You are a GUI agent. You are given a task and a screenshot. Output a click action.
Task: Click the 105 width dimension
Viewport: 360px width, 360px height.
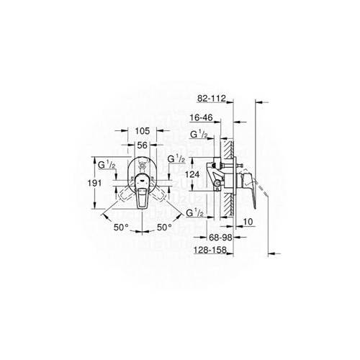click(x=143, y=131)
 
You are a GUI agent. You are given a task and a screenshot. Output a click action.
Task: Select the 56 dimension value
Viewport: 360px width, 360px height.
click(x=142, y=145)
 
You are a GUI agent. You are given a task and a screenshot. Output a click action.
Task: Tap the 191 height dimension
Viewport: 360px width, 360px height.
click(x=94, y=183)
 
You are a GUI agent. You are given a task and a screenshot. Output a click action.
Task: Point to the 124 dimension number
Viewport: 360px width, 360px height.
click(x=192, y=174)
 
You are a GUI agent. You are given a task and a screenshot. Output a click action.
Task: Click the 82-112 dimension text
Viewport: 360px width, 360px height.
click(x=212, y=99)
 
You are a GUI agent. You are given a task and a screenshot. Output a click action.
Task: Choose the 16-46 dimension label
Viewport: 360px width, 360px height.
click(x=202, y=117)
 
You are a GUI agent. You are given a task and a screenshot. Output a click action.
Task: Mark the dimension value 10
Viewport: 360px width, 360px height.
click(x=248, y=222)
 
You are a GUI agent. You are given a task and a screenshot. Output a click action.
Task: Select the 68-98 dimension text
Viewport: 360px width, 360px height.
click(x=220, y=238)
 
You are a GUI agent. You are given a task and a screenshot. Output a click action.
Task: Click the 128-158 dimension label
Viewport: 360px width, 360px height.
click(x=210, y=250)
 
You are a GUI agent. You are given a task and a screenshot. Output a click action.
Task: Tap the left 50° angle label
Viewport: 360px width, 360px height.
click(x=121, y=228)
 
